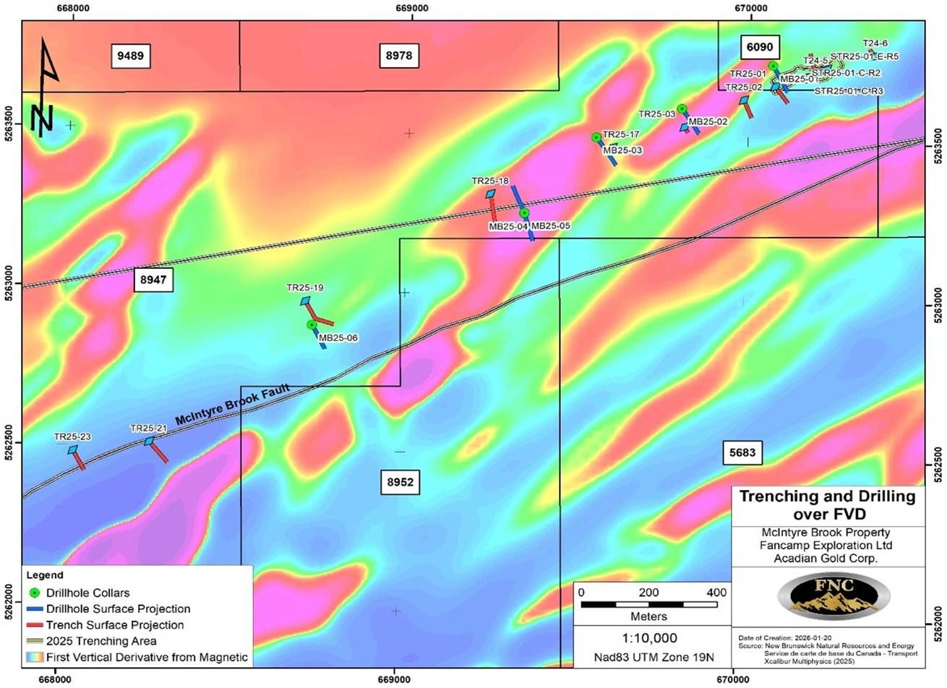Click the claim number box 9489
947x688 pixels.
pyautogui.click(x=131, y=56)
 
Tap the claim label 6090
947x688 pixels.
pyautogui.click(x=760, y=48)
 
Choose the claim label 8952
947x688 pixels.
pyautogui.click(x=400, y=482)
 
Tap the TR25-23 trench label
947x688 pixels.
pyautogui.click(x=73, y=437)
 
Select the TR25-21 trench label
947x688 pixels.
pyautogui.click(x=148, y=428)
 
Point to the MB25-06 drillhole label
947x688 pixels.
pyautogui.click(x=338, y=337)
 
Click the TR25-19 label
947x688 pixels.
pyautogui.click(x=304, y=288)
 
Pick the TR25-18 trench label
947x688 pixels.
pyautogui.click(x=490, y=181)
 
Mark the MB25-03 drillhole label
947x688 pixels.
pyautogui.click(x=622, y=150)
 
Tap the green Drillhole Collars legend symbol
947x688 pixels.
pyautogui.click(x=34, y=593)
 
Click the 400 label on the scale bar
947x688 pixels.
pyautogui.click(x=716, y=593)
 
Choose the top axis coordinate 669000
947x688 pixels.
pyautogui.click(x=412, y=9)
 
